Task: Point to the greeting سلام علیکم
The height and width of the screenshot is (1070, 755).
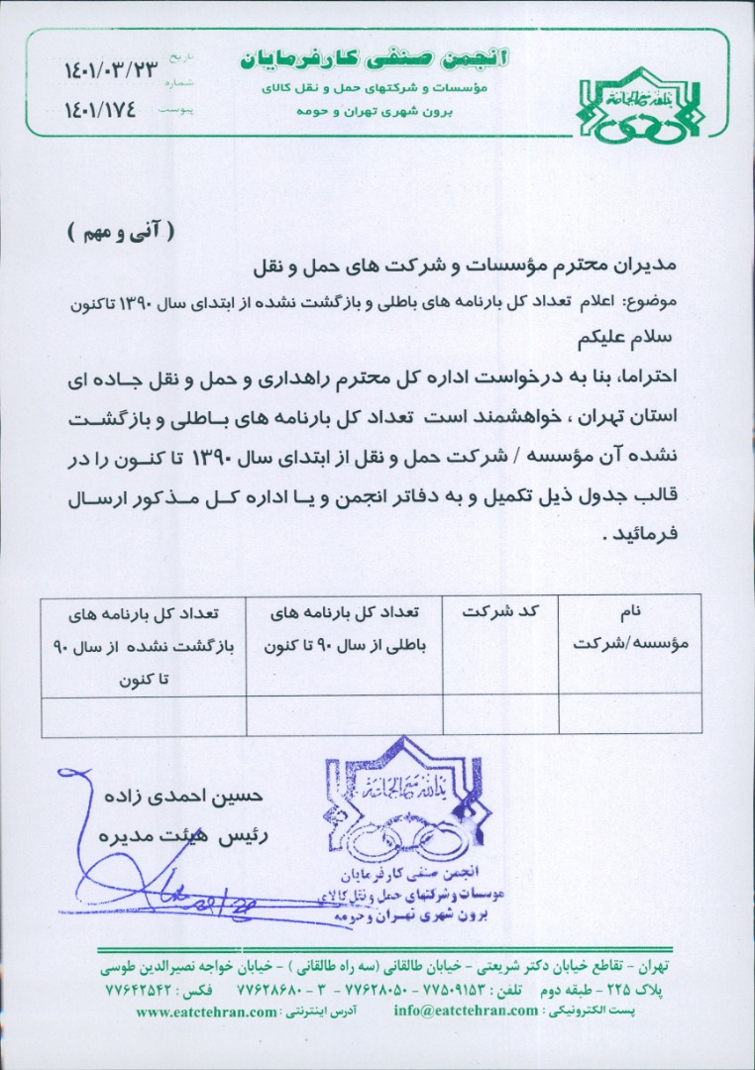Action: click(x=626, y=336)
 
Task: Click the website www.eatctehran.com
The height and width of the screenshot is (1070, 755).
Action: click(x=207, y=1012)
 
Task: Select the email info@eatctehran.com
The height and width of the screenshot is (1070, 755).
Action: click(x=465, y=1012)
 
